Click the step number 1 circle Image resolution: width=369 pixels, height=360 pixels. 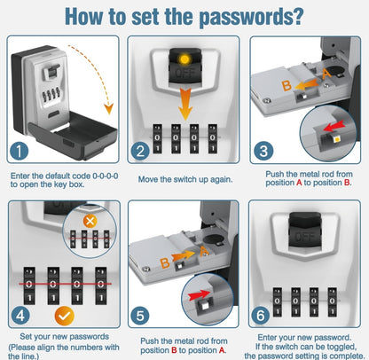point(20,151)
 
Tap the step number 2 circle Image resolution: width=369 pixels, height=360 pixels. point(140,151)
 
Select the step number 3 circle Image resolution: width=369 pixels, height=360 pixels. point(263,151)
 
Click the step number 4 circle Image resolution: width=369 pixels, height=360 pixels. point(20,316)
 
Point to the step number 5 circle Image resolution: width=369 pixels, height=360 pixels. point(140,316)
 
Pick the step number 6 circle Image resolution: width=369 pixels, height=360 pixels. point(261,315)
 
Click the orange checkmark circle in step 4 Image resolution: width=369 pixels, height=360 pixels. point(65,316)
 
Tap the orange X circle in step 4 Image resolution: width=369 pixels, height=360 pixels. point(90,221)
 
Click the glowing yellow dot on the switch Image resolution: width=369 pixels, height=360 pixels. point(184,59)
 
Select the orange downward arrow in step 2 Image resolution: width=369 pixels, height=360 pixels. point(185,103)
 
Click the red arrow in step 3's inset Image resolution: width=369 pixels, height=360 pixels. point(334,126)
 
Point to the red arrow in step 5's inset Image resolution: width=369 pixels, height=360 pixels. point(199,294)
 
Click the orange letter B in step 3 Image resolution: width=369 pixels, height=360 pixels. point(287,86)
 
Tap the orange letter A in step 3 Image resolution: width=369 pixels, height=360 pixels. point(326,74)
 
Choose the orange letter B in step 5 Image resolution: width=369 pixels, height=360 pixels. point(165,262)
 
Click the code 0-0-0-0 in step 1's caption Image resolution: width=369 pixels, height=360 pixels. point(106,176)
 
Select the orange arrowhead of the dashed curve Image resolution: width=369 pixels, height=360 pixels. point(108,109)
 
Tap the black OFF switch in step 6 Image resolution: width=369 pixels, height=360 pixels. point(303,233)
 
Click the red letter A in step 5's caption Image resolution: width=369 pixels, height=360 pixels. point(222,350)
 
